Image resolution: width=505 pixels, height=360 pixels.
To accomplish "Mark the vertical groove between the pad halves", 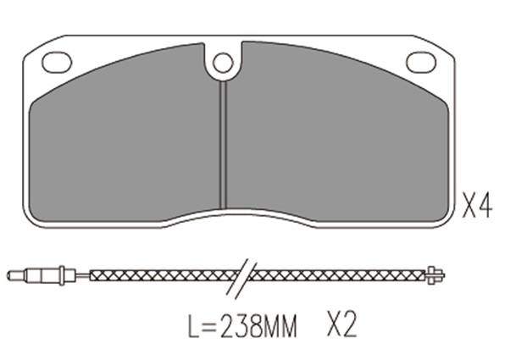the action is click(224, 145).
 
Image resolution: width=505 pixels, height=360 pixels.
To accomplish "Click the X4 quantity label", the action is click(478, 206).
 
